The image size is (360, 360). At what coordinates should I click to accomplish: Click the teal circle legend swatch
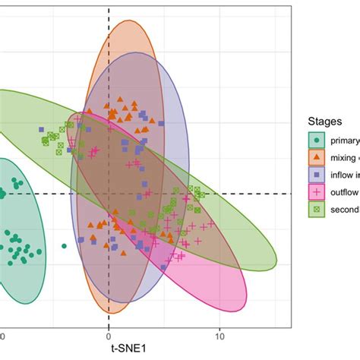pyautogui.click(x=317, y=140)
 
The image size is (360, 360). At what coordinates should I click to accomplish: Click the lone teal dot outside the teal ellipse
pyautogui.click(x=65, y=245)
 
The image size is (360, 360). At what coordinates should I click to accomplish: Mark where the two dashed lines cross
pyautogui.click(x=109, y=194)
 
